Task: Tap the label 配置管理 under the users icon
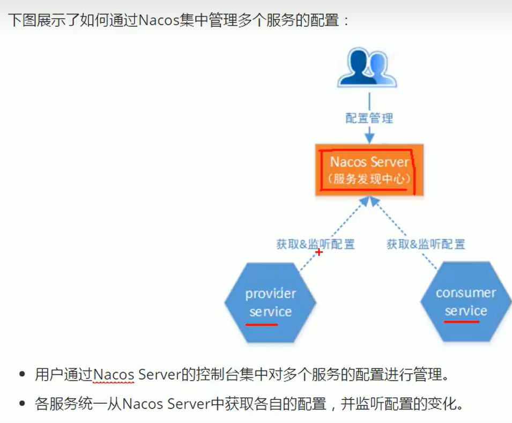(x=369, y=118)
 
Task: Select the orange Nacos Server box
(x=369, y=169)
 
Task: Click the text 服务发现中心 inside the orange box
(x=369, y=179)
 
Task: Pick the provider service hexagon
(x=270, y=303)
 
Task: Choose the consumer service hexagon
(x=465, y=302)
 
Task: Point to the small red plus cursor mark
(x=319, y=251)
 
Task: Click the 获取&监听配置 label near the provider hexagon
(x=315, y=244)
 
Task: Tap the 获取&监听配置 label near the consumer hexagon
(x=426, y=244)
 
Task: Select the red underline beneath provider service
(x=262, y=324)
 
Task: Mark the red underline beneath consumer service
(x=461, y=322)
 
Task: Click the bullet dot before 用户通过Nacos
(x=22, y=375)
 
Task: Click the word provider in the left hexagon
(x=270, y=294)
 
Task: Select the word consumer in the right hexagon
(x=465, y=293)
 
